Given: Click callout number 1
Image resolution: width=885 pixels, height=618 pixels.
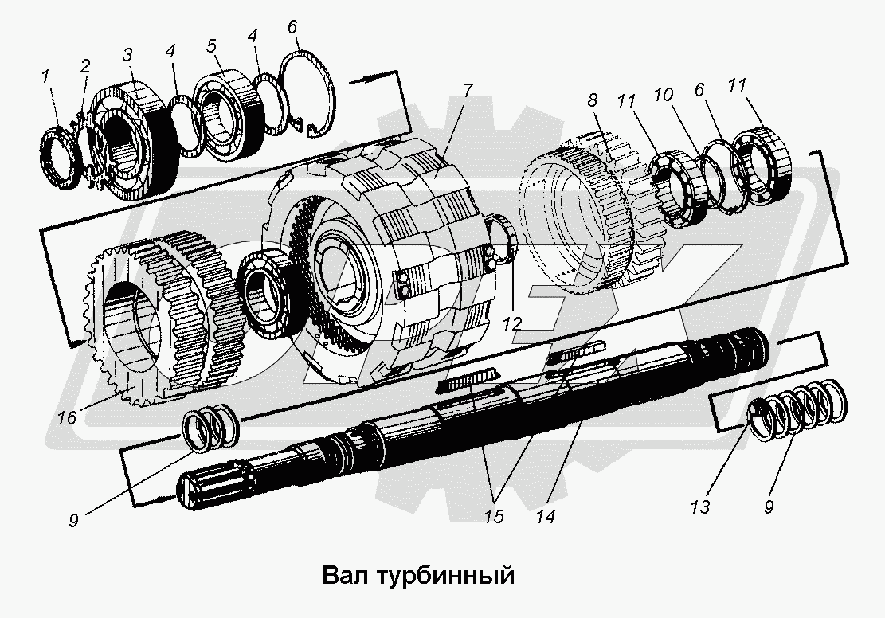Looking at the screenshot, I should (x=46, y=77).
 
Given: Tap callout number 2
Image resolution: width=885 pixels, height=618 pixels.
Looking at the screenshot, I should (x=84, y=65).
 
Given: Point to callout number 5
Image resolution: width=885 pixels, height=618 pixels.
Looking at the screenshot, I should (x=211, y=45).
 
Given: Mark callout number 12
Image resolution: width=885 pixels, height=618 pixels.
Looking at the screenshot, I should (x=511, y=323).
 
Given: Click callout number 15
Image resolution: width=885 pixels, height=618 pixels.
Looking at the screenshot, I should (x=494, y=516).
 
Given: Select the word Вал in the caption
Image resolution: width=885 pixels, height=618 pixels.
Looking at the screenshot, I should (x=343, y=575).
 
